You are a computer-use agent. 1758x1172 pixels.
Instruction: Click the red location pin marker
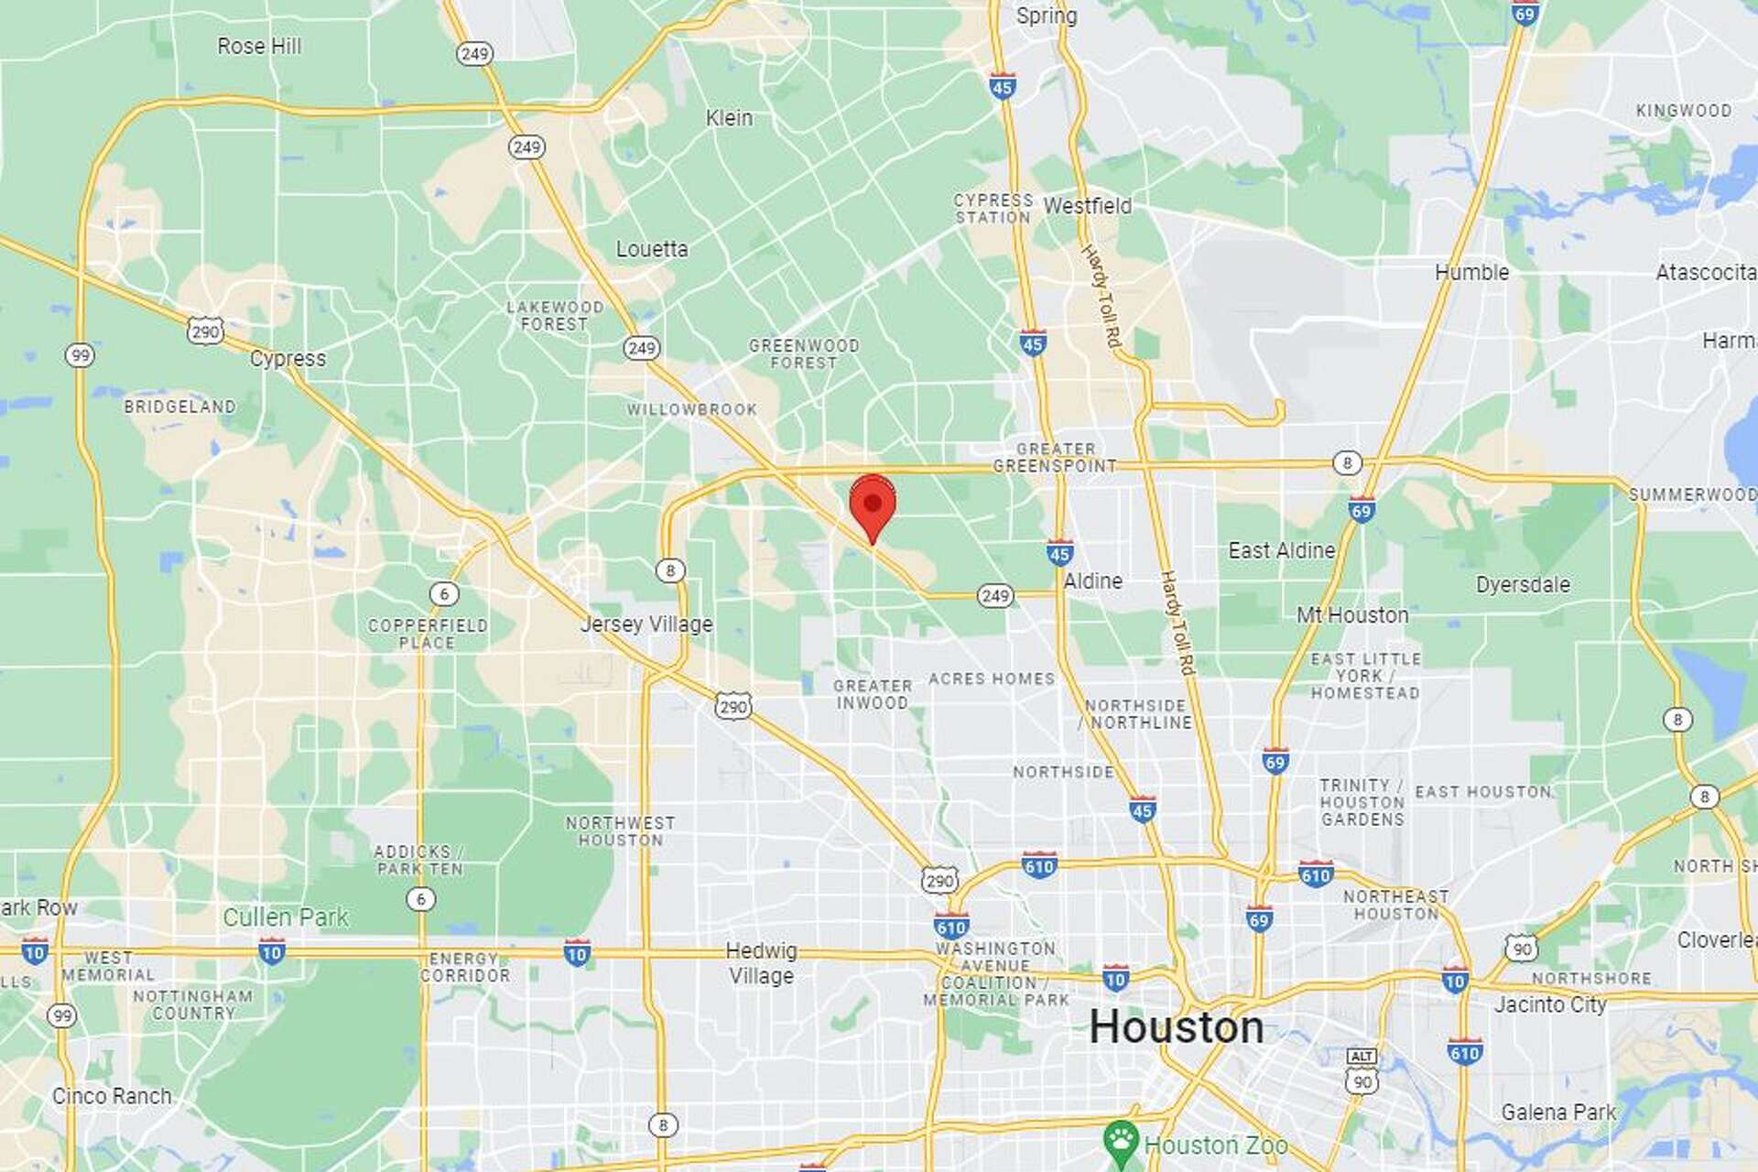pyautogui.click(x=873, y=505)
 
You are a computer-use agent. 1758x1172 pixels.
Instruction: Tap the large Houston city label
pyautogui.click(x=1176, y=1026)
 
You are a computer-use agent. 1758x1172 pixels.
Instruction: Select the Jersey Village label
pyautogui.click(x=646, y=624)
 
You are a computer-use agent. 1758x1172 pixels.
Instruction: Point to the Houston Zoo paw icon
pyautogui.click(x=1121, y=1141)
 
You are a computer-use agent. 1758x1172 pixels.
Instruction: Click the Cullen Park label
pyautogui.click(x=286, y=917)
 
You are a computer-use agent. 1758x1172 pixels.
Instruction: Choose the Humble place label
pyautogui.click(x=1471, y=272)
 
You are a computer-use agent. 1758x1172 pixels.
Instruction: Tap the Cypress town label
pyautogui.click(x=288, y=358)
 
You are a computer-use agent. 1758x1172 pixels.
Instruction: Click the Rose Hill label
pyautogui.click(x=259, y=46)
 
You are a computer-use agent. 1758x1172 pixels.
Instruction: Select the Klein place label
pyautogui.click(x=729, y=118)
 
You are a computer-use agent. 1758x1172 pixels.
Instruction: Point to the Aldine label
pyautogui.click(x=1092, y=581)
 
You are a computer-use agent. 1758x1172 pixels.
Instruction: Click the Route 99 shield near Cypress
pyautogui.click(x=81, y=355)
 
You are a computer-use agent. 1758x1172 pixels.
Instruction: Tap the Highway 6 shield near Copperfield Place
pyautogui.click(x=444, y=594)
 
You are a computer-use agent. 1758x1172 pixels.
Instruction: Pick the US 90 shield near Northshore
pyautogui.click(x=1521, y=948)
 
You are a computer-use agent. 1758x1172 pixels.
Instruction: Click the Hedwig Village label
pyautogui.click(x=761, y=963)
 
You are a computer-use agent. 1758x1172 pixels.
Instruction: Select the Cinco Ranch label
pyautogui.click(x=112, y=1096)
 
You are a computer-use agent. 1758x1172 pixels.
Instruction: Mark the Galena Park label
pyautogui.click(x=1558, y=1112)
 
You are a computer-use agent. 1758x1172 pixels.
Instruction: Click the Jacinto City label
pyautogui.click(x=1550, y=1004)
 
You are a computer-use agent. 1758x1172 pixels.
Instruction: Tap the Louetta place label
pyautogui.click(x=651, y=249)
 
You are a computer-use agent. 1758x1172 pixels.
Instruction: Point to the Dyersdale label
pyautogui.click(x=1523, y=584)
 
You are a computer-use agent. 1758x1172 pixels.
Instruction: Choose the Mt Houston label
pyautogui.click(x=1352, y=615)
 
